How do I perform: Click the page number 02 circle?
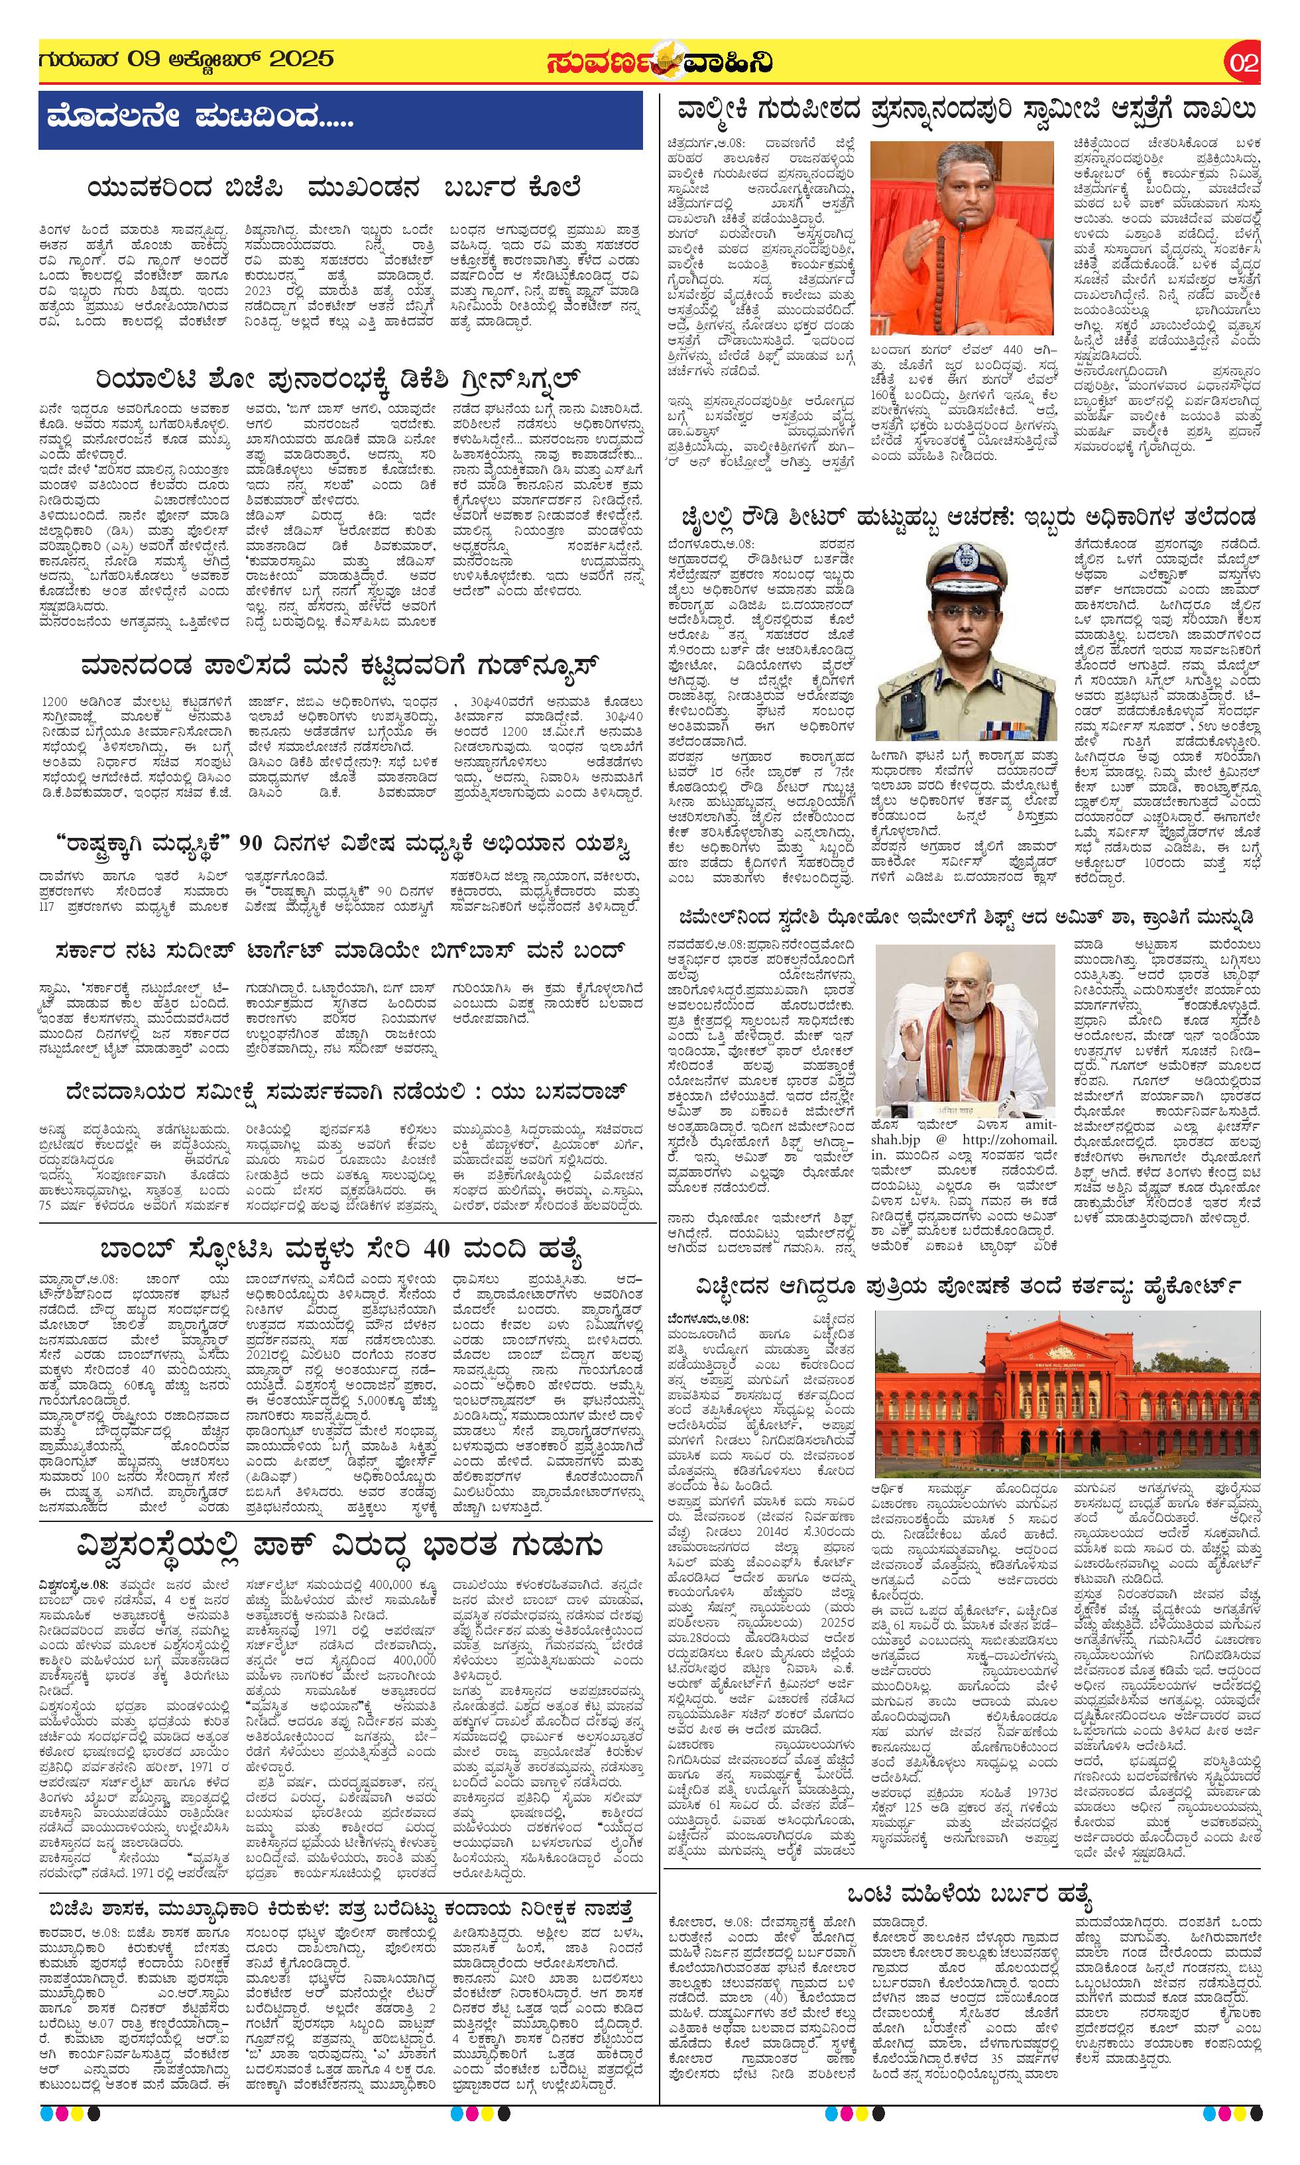[1243, 63]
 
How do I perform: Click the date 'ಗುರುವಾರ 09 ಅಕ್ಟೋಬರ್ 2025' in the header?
[186, 60]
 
